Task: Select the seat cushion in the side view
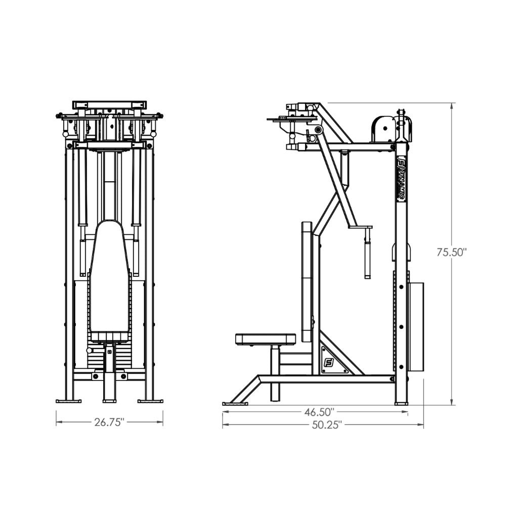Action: pyautogui.click(x=266, y=339)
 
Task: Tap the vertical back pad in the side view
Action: pyautogui.click(x=307, y=281)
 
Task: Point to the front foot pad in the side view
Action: pyautogui.click(x=235, y=403)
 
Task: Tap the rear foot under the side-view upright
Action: pyautogui.click(x=401, y=403)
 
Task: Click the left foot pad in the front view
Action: pyautogui.click(x=68, y=401)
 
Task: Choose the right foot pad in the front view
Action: pyautogui.click(x=150, y=401)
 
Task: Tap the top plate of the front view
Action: pyautogui.click(x=109, y=105)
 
